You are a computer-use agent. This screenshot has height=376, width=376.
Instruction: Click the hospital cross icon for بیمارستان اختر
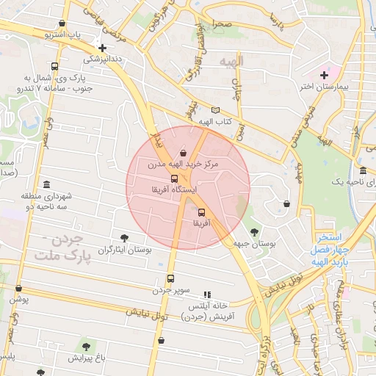pos(324,75)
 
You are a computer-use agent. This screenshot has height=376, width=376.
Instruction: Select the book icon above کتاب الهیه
pos(215,110)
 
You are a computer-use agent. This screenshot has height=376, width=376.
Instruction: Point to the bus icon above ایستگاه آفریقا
pos(174,178)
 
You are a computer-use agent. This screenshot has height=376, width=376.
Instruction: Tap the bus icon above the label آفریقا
pos(202,212)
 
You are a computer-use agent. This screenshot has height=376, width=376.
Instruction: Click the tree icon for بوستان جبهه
pos(254,232)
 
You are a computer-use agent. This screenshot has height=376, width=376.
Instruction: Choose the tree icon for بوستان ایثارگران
pos(124,238)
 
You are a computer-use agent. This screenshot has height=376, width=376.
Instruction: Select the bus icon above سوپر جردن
pos(171,278)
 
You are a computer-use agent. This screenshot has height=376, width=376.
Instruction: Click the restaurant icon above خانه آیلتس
pos(206,294)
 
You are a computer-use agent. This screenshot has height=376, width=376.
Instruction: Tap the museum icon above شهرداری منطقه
pos(47,184)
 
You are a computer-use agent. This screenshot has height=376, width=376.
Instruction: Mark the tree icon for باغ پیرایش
pos(87,347)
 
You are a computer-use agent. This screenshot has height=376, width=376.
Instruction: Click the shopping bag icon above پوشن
pos(18,289)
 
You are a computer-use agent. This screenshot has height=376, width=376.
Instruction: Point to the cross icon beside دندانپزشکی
pos(102,48)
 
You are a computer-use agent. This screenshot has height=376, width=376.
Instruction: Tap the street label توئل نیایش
pos(147,314)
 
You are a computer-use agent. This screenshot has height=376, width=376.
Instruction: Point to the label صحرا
pos(223,25)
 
